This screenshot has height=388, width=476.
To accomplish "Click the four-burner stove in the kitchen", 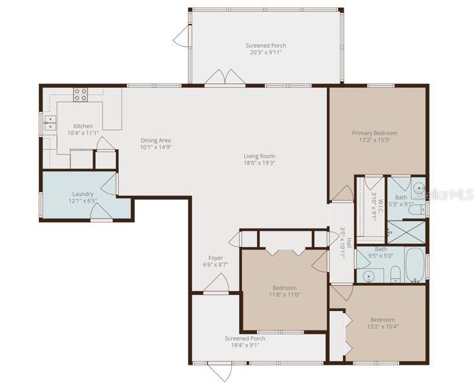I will (81, 95).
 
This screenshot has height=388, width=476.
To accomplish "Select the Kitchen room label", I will (83, 126).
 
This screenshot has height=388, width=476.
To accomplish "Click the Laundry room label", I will (83, 194).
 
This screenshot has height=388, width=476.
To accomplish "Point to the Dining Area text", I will (156, 140).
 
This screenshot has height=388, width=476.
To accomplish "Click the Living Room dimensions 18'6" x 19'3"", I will (259, 163).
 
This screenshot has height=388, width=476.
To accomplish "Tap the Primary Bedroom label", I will (375, 133).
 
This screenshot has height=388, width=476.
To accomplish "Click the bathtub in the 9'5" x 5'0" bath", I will (416, 265).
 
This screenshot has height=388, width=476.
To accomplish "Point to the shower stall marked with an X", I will (406, 232).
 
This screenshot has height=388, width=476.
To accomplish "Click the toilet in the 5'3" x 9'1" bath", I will (418, 209).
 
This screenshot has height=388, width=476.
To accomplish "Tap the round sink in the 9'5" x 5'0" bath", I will (369, 276).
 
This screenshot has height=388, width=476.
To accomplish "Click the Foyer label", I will (215, 258).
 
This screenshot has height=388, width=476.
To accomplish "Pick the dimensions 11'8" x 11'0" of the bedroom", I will (284, 295).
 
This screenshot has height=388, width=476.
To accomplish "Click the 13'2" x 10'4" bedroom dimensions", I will (384, 327).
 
